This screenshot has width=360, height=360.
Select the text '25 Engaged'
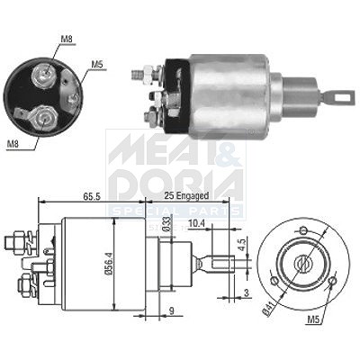coord(186,196)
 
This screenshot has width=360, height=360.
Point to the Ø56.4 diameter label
coord(110,264)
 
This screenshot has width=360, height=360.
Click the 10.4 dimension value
coord(196,223)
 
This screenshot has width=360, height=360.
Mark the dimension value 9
coord(171,311)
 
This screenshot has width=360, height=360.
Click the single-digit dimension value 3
coord(247,292)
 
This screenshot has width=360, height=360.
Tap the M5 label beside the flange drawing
coord(314,320)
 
